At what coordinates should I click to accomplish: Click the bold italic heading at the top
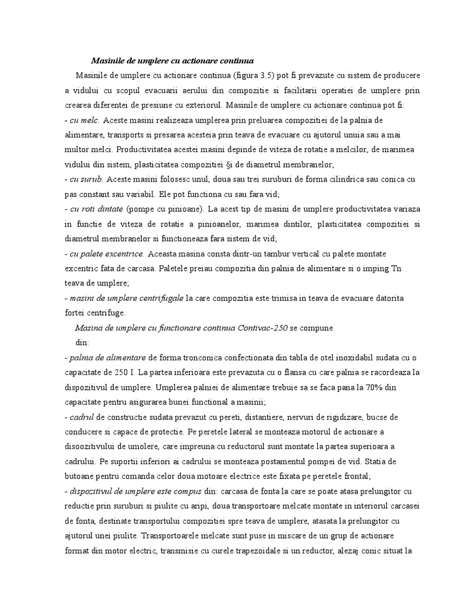tap(172, 61)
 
